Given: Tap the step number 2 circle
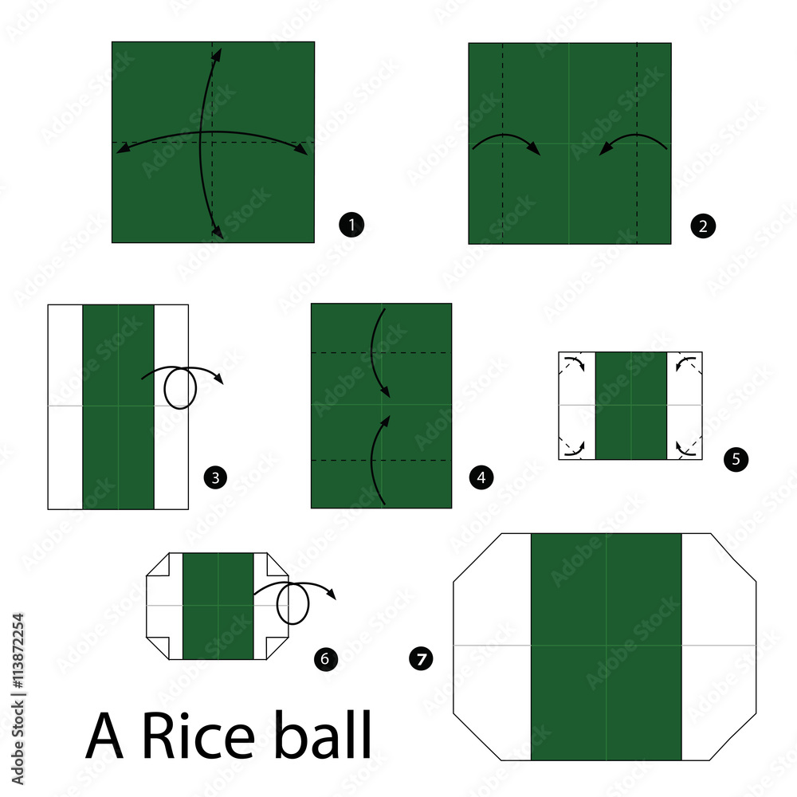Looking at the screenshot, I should point(704,226).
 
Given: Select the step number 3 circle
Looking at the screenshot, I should point(214,478).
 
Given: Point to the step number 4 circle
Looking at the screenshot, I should point(480,478).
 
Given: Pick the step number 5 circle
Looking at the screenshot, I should point(735,459).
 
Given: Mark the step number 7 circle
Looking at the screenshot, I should point(420,658).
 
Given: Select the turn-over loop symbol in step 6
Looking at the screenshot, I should point(293,605).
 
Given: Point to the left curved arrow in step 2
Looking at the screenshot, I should point(506,143).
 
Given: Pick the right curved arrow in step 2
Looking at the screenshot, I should point(634,143).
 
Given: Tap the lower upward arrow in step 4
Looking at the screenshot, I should point(379,458).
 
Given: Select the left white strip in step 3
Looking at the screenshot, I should point(65,406).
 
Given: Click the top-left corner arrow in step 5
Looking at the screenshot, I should point(572,363).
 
